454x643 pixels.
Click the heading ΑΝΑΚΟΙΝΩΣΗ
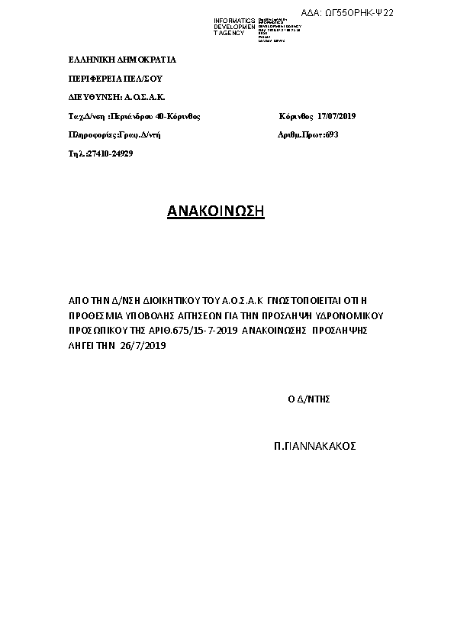(215, 212)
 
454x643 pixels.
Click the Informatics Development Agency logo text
(234, 27)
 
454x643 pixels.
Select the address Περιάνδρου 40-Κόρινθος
(156, 117)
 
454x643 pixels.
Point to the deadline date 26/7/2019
(143, 346)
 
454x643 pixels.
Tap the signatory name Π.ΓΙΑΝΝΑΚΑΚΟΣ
(315, 445)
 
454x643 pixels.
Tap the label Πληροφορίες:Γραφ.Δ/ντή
(114, 135)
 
